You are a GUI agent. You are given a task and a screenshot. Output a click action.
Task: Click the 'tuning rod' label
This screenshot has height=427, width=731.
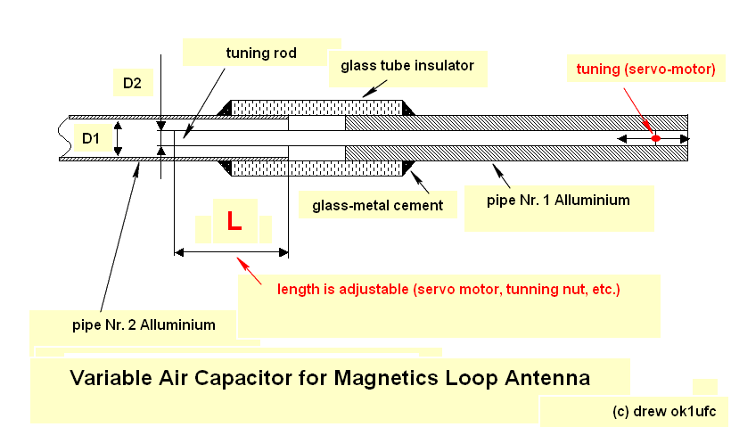[260, 53]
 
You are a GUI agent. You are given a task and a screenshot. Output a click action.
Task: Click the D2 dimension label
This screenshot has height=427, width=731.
[132, 84]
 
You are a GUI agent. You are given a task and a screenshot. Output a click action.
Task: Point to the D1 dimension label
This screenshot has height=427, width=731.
[92, 138]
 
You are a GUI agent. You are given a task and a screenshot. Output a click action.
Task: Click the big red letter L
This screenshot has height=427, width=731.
[234, 222]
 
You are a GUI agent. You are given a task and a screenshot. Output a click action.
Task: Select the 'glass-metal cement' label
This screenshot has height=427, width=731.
[377, 205]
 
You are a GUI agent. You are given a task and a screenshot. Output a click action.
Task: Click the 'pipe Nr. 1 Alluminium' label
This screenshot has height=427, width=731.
[558, 200]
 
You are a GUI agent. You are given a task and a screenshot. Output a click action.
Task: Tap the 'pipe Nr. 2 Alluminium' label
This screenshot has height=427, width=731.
[144, 324]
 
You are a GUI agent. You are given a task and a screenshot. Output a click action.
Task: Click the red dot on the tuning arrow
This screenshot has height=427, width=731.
[655, 138]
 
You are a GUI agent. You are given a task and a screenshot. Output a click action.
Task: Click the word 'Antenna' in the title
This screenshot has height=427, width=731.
[545, 378]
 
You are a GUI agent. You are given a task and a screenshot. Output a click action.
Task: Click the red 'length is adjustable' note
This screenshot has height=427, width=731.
[448, 290]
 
